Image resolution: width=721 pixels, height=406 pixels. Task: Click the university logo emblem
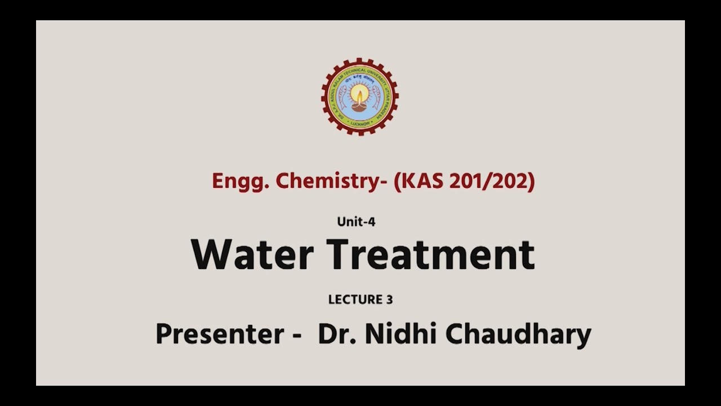tap(359, 96)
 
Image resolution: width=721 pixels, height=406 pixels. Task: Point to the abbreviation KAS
tap(425, 182)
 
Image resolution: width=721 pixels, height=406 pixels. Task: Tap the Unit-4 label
tap(356, 222)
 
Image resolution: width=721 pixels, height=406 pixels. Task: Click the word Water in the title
tap(252, 255)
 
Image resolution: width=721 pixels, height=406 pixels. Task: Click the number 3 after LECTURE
tap(389, 299)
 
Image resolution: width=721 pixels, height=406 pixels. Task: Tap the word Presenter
tap(220, 334)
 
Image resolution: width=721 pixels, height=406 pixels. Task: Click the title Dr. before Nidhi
tap(337, 334)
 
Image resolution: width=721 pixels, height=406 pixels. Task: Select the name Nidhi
tap(401, 334)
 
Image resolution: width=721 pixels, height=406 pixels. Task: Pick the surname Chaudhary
tap(518, 334)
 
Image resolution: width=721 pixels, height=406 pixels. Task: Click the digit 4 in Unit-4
tap(372, 222)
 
